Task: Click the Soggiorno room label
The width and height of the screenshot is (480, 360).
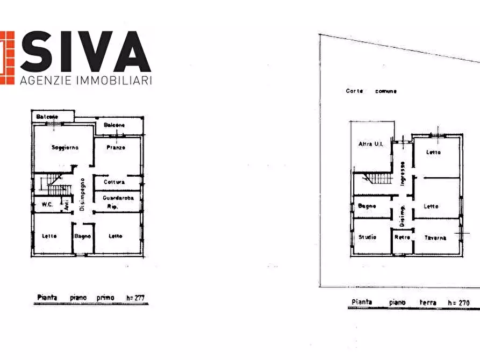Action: [x=65, y=147]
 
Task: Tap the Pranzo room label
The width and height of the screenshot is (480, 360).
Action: [x=116, y=147]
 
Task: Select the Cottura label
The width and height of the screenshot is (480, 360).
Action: [x=114, y=182]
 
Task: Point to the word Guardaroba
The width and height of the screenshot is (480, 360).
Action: [x=118, y=198]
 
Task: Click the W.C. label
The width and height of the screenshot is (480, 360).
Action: [x=46, y=204]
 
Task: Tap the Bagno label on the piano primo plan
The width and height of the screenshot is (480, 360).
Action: [x=82, y=236]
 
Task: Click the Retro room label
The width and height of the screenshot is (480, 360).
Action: [x=402, y=237]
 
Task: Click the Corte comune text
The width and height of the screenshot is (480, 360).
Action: [x=371, y=91]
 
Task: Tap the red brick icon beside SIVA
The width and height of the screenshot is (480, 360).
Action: [x=6, y=57]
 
